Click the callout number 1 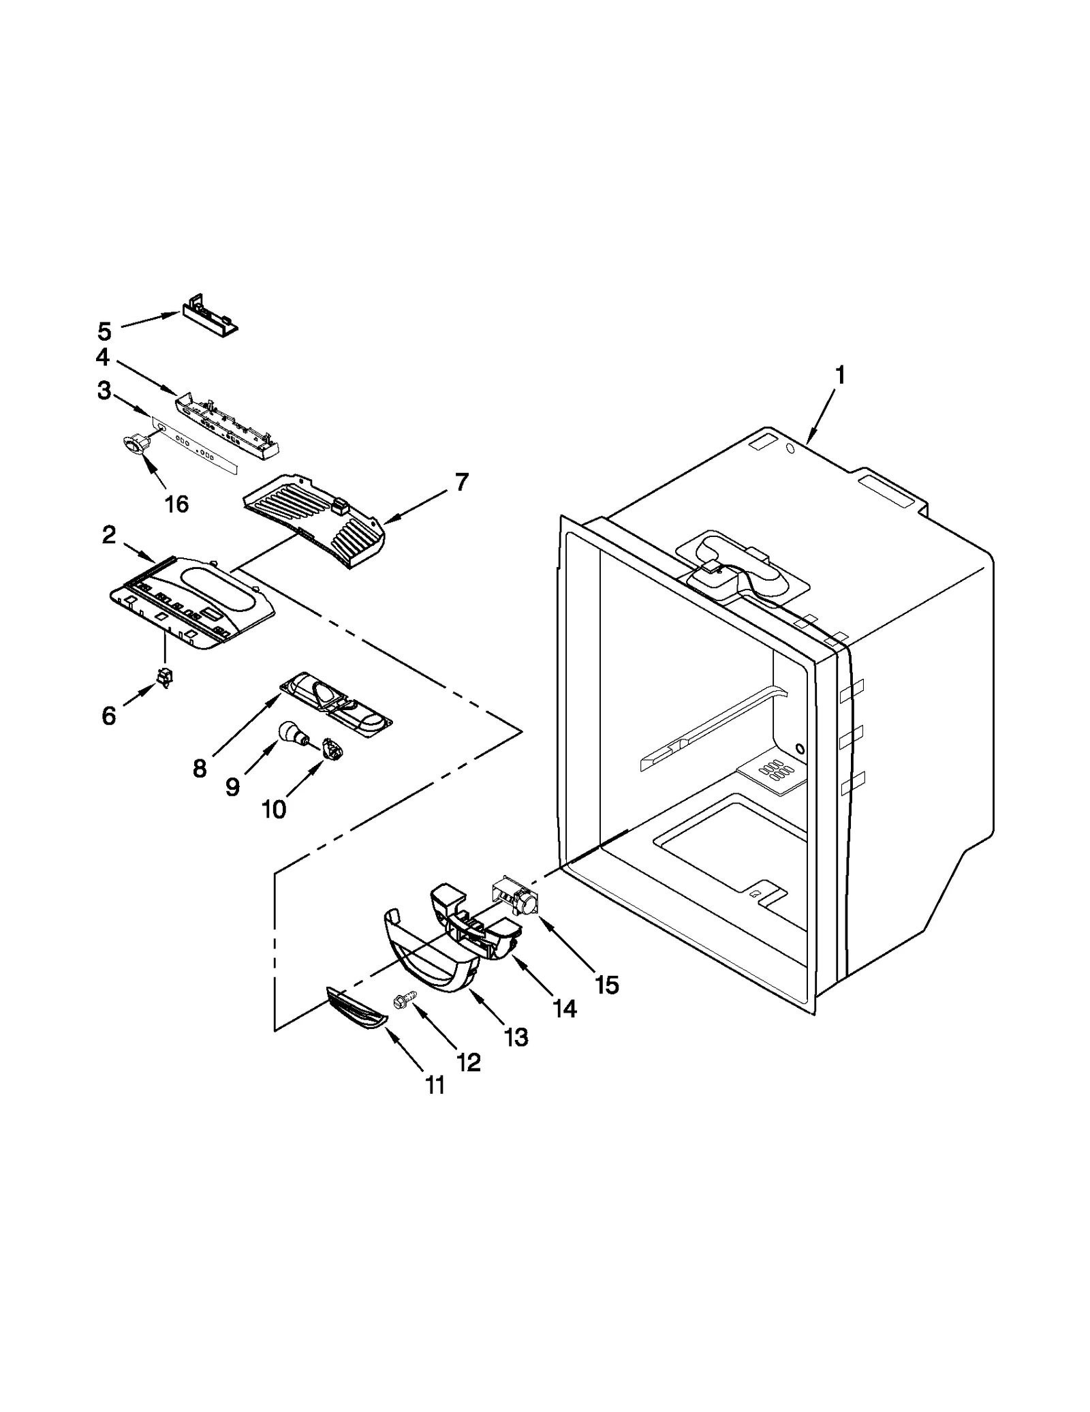(x=840, y=375)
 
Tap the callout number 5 (x=104, y=332)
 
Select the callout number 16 (x=176, y=504)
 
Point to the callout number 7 (x=462, y=482)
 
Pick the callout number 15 (x=606, y=984)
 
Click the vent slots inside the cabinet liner (x=776, y=771)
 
